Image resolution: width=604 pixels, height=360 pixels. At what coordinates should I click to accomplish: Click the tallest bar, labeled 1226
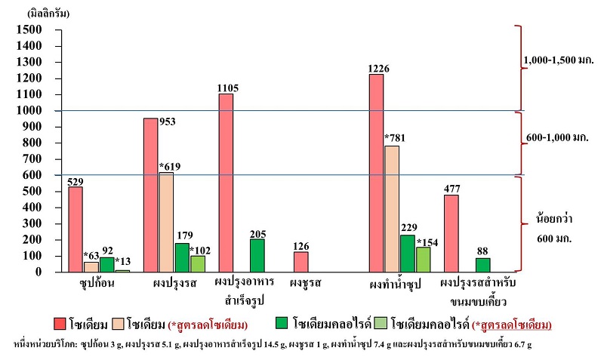click(x=376, y=173)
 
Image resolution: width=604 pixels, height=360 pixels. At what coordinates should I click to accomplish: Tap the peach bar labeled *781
click(x=392, y=208)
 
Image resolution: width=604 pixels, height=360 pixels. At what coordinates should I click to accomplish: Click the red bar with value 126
click(x=301, y=261)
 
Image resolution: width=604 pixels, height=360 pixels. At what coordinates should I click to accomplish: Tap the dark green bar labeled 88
click(x=483, y=265)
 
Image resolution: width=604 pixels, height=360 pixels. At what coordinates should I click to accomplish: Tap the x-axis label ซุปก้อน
click(x=90, y=284)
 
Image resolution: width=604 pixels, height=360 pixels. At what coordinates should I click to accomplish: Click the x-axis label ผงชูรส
click(x=306, y=284)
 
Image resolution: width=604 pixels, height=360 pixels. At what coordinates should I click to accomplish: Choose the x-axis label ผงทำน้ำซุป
click(x=395, y=285)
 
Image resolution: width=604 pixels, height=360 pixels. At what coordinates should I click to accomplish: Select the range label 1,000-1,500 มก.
click(x=558, y=59)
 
